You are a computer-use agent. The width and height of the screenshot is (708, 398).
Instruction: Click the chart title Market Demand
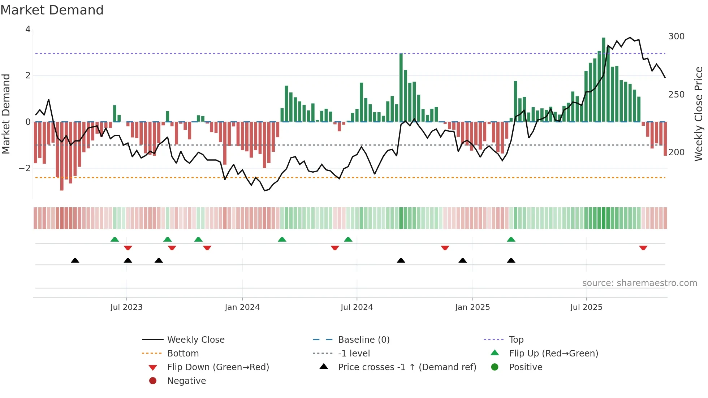[52, 10]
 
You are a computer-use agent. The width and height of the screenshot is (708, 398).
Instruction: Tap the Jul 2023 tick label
[126, 307]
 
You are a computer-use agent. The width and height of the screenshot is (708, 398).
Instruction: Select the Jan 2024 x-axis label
[242, 307]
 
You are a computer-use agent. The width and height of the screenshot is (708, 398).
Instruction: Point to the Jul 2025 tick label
[586, 307]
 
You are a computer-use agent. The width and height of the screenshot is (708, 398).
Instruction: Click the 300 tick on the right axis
[676, 36]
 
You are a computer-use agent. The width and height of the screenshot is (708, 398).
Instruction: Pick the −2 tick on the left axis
[25, 168]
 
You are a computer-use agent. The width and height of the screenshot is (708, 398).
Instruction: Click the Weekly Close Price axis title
[699, 114]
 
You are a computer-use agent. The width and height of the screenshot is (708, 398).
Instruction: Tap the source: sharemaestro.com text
[639, 283]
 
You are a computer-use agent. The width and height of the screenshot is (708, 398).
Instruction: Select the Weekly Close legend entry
[195, 340]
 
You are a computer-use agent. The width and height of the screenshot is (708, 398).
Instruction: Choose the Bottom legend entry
[183, 354]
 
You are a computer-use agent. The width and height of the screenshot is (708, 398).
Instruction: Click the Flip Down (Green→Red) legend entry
[218, 367]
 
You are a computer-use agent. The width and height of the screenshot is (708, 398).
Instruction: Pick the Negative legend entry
[186, 381]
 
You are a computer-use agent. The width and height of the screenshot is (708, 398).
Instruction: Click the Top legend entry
[516, 340]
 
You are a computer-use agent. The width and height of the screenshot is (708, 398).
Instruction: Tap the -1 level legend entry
[354, 354]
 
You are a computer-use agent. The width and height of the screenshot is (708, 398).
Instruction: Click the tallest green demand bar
[604, 79]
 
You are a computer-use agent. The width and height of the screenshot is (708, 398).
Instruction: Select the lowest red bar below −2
[62, 156]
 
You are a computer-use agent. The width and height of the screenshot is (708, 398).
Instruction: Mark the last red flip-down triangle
[643, 248]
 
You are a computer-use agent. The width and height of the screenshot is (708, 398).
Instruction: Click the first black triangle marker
[75, 260]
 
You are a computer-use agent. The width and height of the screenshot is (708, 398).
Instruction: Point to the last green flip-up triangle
[511, 239]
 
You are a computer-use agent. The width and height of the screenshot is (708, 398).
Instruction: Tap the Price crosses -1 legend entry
[407, 367]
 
